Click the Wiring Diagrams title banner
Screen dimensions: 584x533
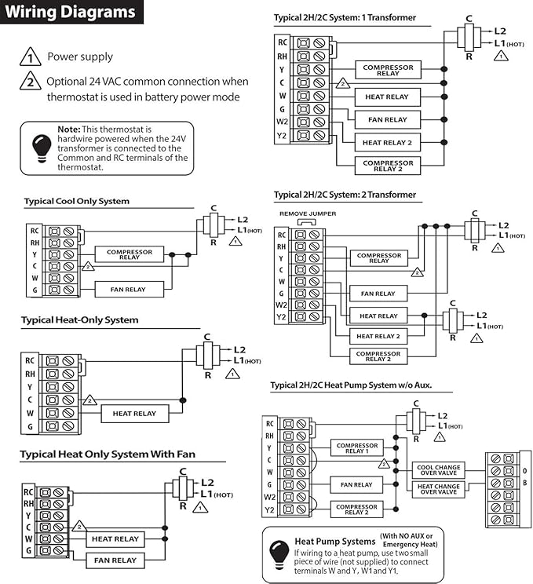click(71, 13)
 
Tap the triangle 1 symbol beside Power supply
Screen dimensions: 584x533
click(30, 57)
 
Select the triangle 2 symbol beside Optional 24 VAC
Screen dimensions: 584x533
click(30, 82)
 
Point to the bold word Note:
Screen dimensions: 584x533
click(69, 129)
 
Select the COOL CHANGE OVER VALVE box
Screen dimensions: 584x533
click(437, 469)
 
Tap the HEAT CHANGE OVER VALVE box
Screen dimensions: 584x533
click(437, 488)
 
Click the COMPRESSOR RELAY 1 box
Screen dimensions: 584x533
click(356, 447)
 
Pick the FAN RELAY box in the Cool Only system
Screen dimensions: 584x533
click(130, 290)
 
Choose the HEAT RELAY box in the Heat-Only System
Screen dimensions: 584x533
click(134, 413)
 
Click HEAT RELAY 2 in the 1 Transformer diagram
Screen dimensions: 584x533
click(387, 143)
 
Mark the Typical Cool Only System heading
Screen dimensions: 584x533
click(76, 201)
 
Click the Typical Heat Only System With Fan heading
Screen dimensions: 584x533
click(108, 454)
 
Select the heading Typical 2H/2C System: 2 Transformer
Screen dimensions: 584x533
click(345, 195)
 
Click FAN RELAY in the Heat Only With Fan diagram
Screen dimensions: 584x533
click(115, 560)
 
